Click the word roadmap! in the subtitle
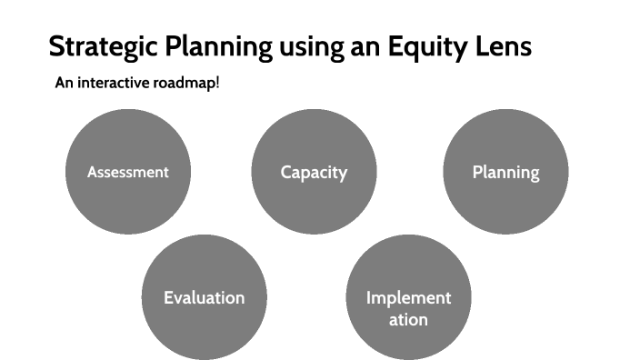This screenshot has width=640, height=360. pyautogui.click(x=188, y=84)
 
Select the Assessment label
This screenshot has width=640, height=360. pyautogui.click(x=128, y=172)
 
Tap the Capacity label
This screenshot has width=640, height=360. pyautogui.click(x=314, y=173)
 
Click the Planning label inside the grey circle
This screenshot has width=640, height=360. pyautogui.click(x=505, y=173)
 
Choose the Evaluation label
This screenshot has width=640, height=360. pyautogui.click(x=204, y=298)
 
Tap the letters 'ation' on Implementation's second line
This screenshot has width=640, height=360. pyautogui.click(x=408, y=320)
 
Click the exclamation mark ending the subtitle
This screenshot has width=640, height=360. pyautogui.click(x=217, y=83)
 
